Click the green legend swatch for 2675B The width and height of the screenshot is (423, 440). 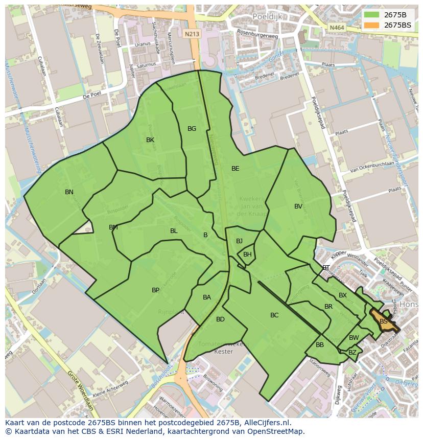coord(371,14)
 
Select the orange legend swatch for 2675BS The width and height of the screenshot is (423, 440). coord(371,25)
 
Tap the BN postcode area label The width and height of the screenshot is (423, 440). coord(69,192)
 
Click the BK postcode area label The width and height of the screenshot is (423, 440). coord(150,140)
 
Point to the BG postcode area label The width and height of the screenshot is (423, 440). coord(192,129)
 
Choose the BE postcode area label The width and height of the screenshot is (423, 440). coord(235,169)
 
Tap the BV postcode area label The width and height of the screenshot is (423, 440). coord(298,206)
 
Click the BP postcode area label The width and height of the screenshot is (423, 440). coord(155,290)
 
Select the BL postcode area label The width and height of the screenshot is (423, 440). coord(174,231)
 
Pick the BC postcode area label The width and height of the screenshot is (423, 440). coord(274,315)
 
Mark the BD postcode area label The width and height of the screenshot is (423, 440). coord(220,319)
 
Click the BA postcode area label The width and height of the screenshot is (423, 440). coord(207,297)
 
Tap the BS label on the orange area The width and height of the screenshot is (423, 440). coord(383,321)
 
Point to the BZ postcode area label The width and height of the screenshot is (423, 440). coord(353,353)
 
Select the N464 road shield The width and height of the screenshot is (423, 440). coord(337,28)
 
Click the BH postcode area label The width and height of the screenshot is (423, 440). coord(247,254)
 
